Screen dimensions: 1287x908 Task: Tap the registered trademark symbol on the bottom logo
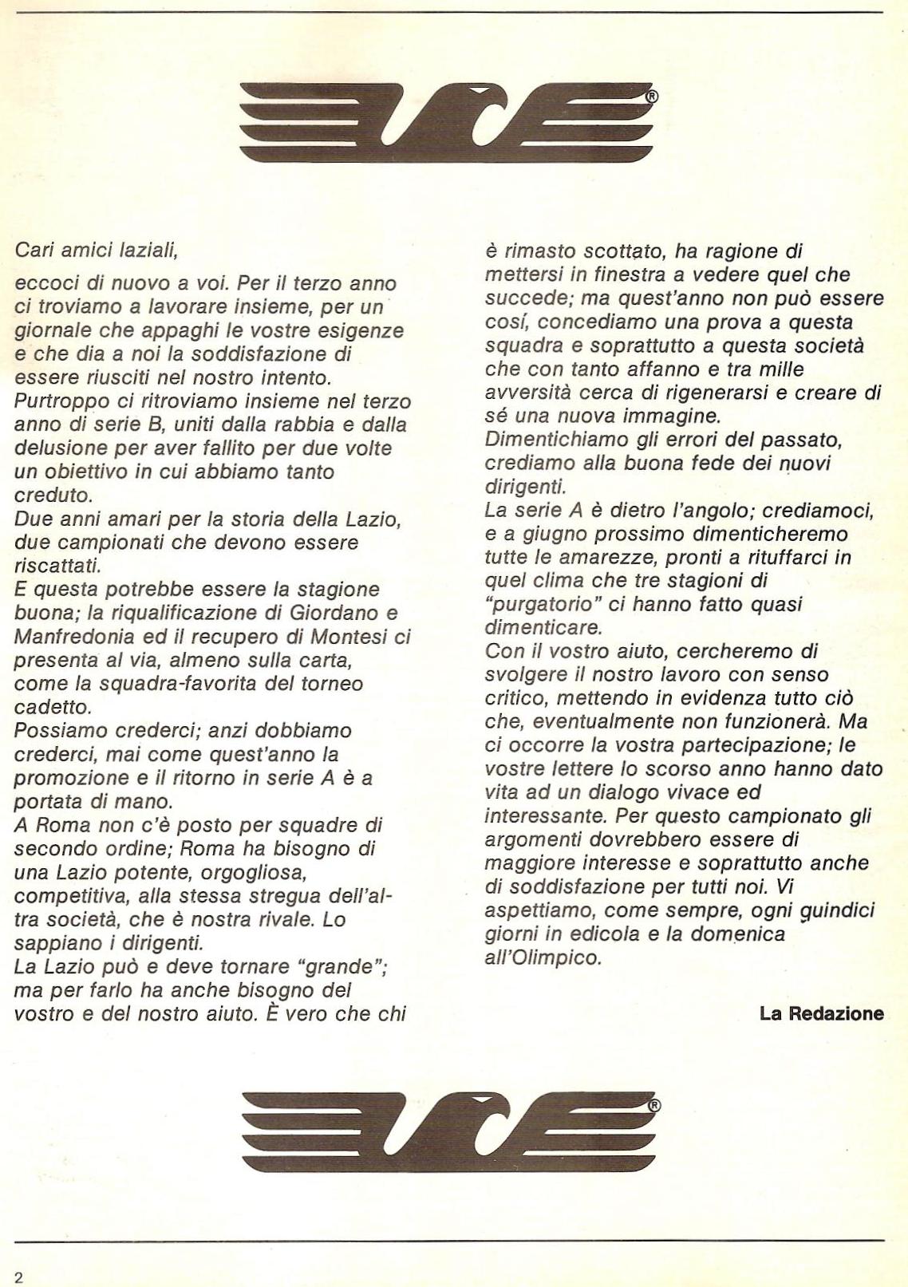point(654,1107)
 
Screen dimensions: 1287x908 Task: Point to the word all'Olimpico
point(543,957)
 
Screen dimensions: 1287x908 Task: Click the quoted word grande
point(340,967)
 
